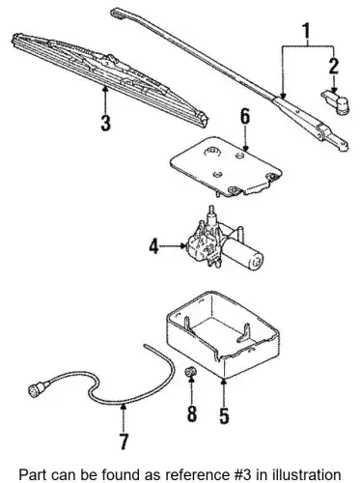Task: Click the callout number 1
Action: click(x=306, y=32)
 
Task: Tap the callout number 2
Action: click(x=334, y=65)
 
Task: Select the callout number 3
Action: click(x=105, y=123)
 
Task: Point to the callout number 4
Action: click(x=153, y=247)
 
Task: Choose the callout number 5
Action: click(x=224, y=415)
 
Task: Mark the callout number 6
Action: click(x=245, y=116)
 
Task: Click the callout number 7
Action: click(x=124, y=440)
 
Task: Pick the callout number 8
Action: click(x=192, y=412)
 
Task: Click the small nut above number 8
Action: click(x=191, y=373)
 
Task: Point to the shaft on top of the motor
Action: click(x=211, y=213)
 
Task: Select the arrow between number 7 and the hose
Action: click(x=124, y=417)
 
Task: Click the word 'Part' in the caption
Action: click(x=31, y=474)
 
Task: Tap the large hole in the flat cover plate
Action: click(x=211, y=151)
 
